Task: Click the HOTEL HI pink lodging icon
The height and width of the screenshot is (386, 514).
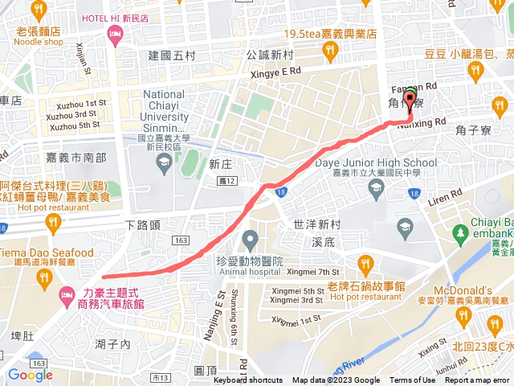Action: [115, 35]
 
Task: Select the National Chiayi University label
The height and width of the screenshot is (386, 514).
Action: [164, 105]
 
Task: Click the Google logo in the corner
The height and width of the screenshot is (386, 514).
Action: [30, 375]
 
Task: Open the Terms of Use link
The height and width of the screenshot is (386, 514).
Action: [412, 380]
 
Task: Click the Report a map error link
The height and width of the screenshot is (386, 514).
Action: [477, 380]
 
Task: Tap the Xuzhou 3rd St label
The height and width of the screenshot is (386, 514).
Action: [78, 114]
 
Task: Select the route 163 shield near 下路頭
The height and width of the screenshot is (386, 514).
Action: [179, 240]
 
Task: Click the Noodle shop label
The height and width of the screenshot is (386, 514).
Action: [36, 42]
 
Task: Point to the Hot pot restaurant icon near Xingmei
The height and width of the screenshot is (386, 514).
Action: [366, 263]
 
